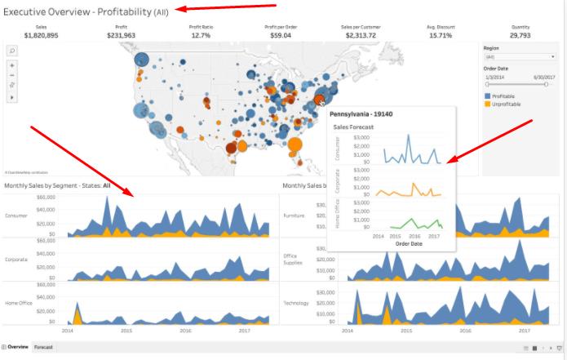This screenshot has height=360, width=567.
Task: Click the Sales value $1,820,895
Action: coord(40,35)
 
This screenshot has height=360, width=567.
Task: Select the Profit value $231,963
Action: coord(121,35)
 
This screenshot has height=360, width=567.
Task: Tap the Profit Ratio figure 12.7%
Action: coord(201,35)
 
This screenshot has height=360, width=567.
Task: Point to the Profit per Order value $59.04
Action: coord(281,35)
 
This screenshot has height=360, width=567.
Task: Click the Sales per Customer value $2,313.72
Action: coord(360,35)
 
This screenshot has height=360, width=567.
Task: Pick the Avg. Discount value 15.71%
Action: coord(440,35)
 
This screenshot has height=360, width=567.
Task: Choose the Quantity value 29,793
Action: coord(520,35)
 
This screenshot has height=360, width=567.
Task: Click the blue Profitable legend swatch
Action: coord(488,96)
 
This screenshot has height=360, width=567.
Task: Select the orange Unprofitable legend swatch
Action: coord(488,104)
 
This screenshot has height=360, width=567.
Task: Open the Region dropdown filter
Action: coord(520,56)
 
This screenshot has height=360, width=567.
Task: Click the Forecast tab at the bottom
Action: coord(43,347)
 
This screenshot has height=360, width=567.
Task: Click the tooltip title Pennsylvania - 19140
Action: coord(361,113)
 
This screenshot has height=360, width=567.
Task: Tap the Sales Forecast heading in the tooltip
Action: coord(353,127)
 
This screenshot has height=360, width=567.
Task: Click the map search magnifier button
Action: coord(12,50)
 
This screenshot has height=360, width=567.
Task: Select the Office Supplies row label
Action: coord(292,259)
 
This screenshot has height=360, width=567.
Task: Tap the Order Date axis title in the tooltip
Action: coord(408,242)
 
